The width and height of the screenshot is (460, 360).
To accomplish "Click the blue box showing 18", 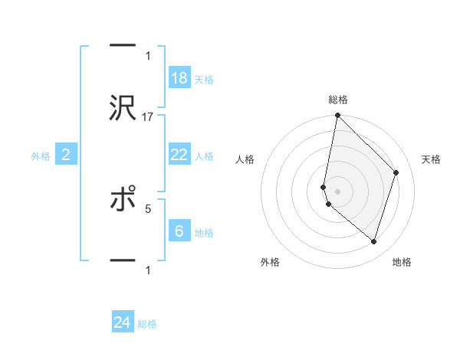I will pyautogui.click(x=179, y=78).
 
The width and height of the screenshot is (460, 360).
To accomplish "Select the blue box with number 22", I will pyautogui.click(x=179, y=155).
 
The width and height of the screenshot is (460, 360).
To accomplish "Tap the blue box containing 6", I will pyautogui.click(x=179, y=231).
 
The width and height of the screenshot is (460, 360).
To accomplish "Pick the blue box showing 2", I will pyautogui.click(x=66, y=155).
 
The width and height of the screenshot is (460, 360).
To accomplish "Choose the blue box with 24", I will pyautogui.click(x=123, y=323).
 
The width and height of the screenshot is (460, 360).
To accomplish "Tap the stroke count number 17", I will pyautogui.click(x=148, y=117).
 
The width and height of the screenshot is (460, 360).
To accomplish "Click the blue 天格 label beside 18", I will pyautogui.click(x=204, y=80).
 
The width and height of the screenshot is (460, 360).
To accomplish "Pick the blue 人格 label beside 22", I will pyautogui.click(x=204, y=156).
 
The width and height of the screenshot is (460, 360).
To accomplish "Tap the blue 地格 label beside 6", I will pyautogui.click(x=204, y=233).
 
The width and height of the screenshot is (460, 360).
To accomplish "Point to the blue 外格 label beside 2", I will pyautogui.click(x=41, y=156).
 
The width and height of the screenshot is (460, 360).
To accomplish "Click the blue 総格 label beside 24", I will pyautogui.click(x=147, y=325).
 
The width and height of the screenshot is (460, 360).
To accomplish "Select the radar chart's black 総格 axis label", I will pyautogui.click(x=338, y=100).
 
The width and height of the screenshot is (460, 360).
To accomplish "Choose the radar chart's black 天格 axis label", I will pyautogui.click(x=432, y=159).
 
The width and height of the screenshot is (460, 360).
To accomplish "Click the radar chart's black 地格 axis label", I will pyautogui.click(x=402, y=262).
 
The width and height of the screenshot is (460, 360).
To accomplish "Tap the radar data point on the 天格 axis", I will pyautogui.click(x=396, y=172).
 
